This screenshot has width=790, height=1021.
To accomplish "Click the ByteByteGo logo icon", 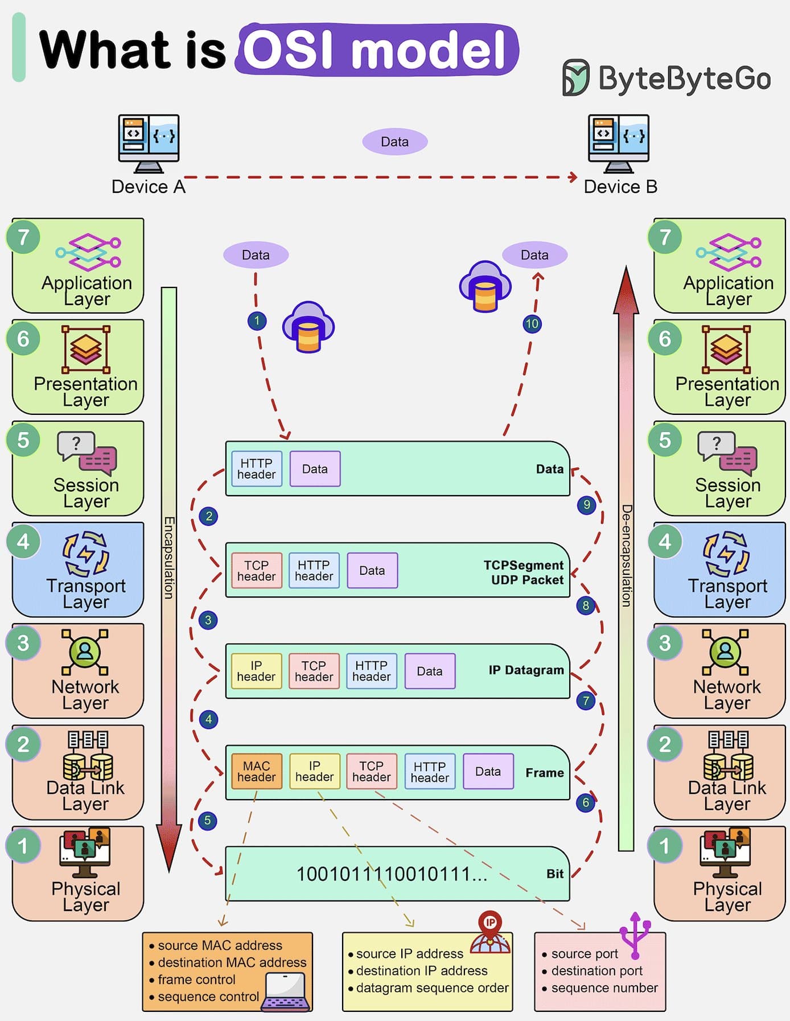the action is (575, 77).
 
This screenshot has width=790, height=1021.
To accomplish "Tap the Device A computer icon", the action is (149, 143).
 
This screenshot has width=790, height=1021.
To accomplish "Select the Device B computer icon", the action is (619, 143).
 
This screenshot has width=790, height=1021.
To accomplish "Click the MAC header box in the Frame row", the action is (257, 771).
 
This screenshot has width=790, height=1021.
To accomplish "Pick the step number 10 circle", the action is (532, 324).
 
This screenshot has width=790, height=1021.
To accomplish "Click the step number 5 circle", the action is (208, 820).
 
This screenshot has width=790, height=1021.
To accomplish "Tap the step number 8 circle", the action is (586, 605).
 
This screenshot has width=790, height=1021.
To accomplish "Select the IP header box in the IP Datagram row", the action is (256, 671).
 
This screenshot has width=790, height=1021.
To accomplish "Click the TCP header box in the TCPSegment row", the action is (256, 570).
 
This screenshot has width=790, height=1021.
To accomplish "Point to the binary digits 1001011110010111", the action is (392, 874).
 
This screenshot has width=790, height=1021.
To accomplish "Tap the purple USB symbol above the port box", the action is (635, 936).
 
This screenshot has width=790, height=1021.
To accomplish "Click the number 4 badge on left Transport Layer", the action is (23, 541).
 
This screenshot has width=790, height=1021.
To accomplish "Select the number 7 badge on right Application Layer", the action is (665, 237).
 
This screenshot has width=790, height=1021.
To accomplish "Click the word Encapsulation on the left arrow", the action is (169, 557).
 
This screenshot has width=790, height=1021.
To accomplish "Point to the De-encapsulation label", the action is (626, 555).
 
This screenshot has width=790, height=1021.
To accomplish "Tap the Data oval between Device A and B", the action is (395, 142).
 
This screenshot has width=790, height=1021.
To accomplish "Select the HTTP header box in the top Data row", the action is (257, 468).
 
